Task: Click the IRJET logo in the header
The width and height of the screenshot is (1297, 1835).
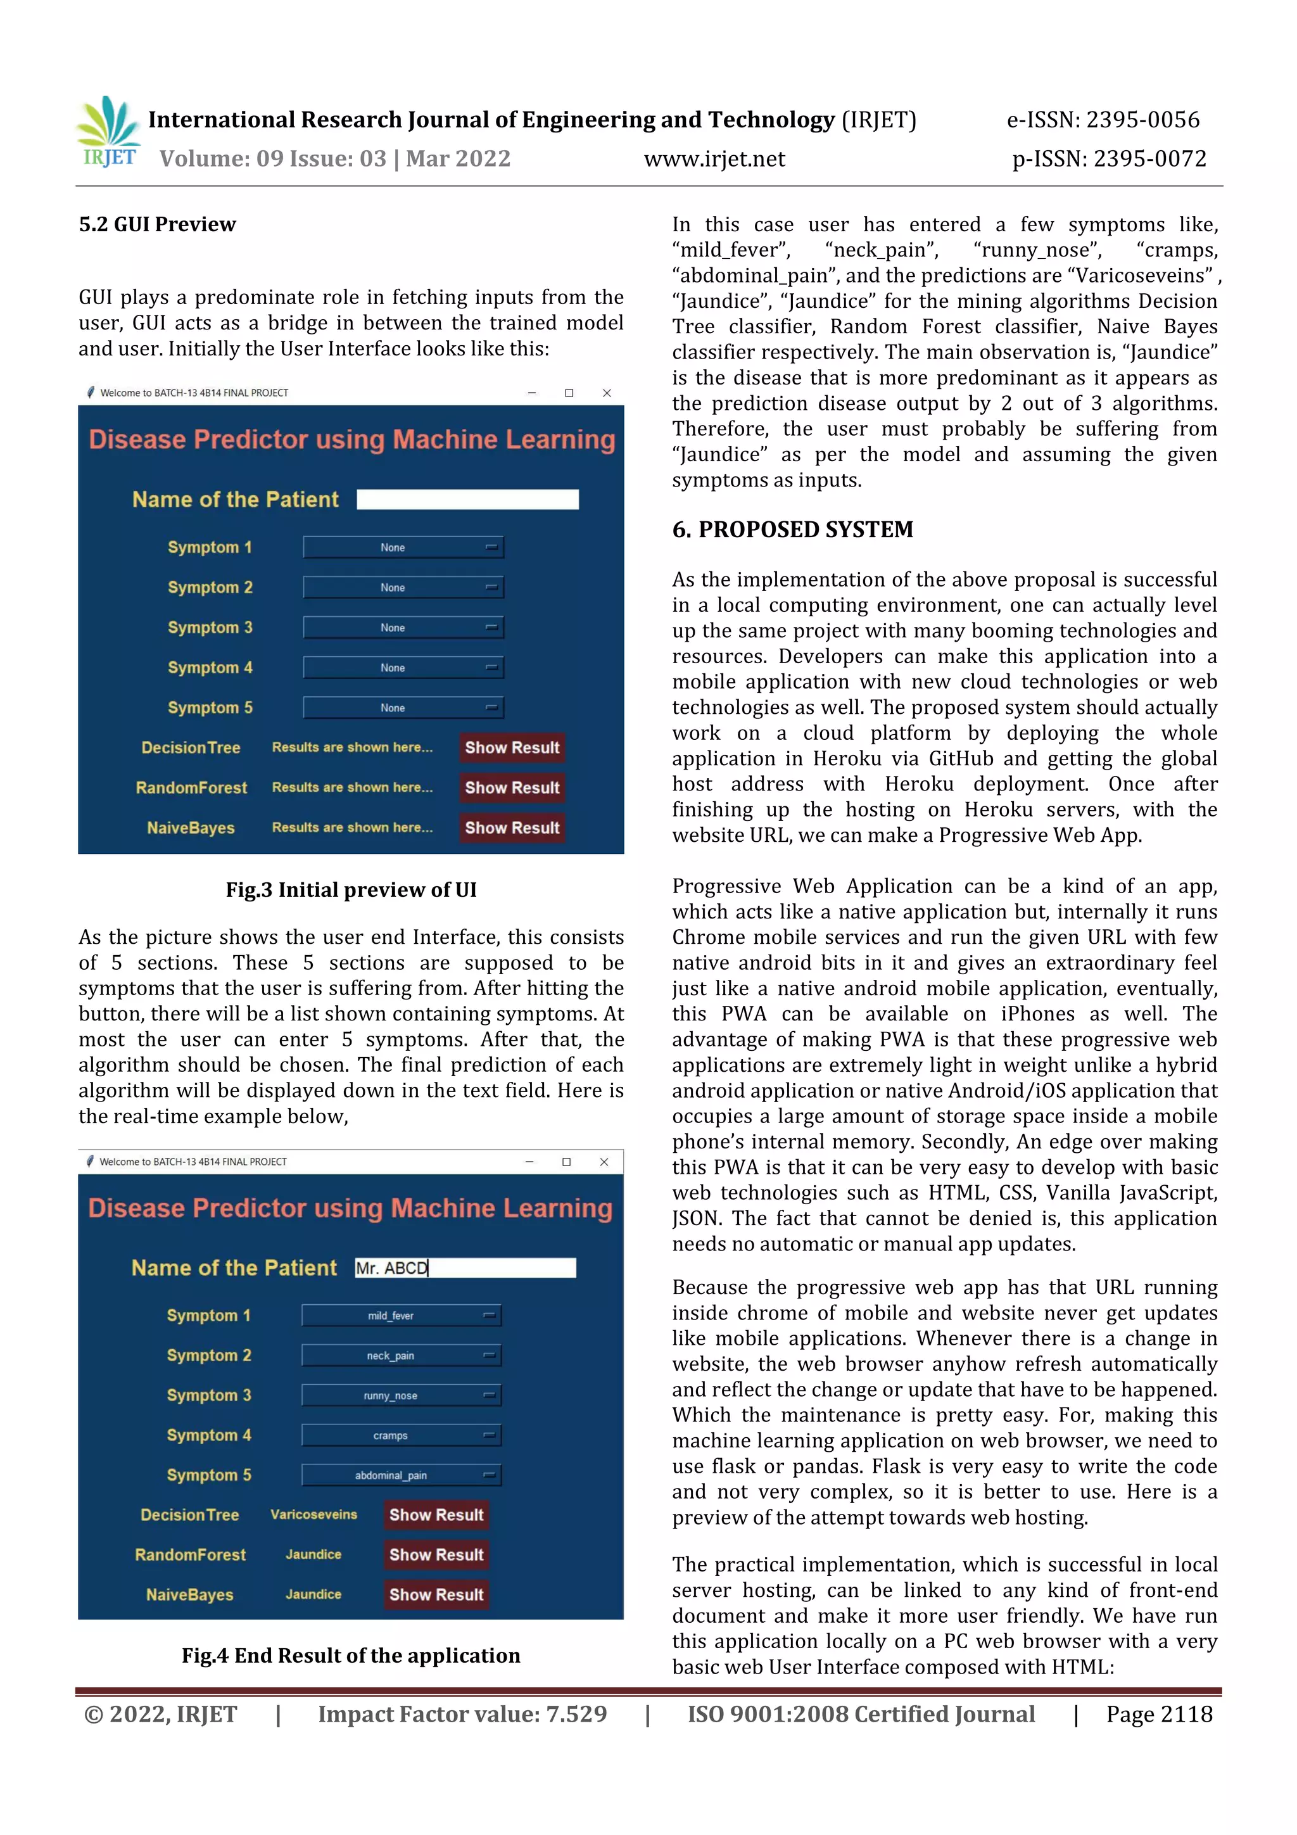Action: pyautogui.click(x=109, y=132)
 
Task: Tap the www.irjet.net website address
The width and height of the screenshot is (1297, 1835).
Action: pyautogui.click(x=714, y=159)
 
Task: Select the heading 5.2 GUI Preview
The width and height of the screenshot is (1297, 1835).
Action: pyautogui.click(x=158, y=225)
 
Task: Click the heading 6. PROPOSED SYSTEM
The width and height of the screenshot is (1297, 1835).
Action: pyautogui.click(x=792, y=529)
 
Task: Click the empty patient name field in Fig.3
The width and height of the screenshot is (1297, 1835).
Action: pyautogui.click(x=467, y=500)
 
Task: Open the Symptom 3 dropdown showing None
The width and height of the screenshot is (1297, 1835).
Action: pyautogui.click(x=403, y=627)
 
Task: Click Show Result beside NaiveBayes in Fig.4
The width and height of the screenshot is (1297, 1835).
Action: pyautogui.click(x=436, y=1594)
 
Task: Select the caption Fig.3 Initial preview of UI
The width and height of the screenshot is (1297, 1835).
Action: pyautogui.click(x=351, y=889)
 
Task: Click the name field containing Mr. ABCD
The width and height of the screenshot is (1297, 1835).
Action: pyautogui.click(x=465, y=1267)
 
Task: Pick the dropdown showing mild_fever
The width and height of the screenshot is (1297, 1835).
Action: pyautogui.click(x=401, y=1316)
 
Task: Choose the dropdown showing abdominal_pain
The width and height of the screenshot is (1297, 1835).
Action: pyautogui.click(x=401, y=1475)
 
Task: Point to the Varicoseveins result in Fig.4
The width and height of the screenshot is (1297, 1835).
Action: pyautogui.click(x=313, y=1514)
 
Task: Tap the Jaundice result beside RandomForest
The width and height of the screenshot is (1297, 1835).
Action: pyautogui.click(x=313, y=1554)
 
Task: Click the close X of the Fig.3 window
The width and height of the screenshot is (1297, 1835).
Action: pyautogui.click(x=607, y=393)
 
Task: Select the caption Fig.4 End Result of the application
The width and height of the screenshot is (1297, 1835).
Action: pyautogui.click(x=351, y=1655)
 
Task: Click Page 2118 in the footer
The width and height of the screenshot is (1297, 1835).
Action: pyautogui.click(x=1159, y=1714)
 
